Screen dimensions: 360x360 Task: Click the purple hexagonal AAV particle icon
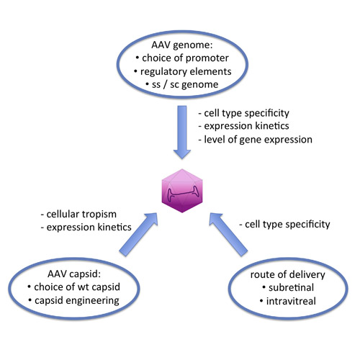(182, 191)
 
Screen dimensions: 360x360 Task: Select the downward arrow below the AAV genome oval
(182, 132)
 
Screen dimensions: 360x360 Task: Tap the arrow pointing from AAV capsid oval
(138, 234)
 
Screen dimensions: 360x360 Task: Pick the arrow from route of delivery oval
(228, 234)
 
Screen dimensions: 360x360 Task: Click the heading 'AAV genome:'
(182, 45)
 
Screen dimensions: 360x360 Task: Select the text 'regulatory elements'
(186, 71)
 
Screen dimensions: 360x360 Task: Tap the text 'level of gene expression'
(258, 140)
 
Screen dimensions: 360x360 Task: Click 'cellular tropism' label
(81, 214)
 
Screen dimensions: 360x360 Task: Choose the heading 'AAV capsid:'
(74, 274)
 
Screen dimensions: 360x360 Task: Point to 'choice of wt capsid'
(77, 287)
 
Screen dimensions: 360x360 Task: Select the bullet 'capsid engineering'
(77, 300)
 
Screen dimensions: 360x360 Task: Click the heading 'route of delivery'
(287, 274)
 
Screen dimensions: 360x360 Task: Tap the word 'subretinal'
(291, 287)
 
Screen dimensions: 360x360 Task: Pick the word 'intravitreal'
(291, 301)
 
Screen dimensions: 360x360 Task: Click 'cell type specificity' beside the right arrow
(287, 225)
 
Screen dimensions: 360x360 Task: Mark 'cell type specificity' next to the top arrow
(246, 113)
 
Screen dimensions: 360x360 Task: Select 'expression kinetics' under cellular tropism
(89, 228)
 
